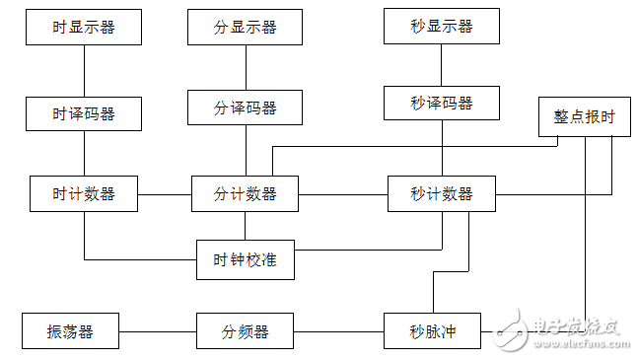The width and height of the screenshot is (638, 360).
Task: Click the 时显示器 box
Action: pyautogui.click(x=84, y=27)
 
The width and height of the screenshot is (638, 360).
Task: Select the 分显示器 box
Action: pyautogui.click(x=245, y=27)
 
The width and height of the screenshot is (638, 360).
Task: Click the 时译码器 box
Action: pyautogui.click(x=84, y=113)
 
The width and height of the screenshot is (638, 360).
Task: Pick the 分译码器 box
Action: pyautogui.click(x=245, y=107)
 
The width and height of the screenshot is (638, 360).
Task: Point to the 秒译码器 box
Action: pyautogui.click(x=441, y=103)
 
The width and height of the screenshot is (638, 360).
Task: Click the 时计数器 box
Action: pyautogui.click(x=84, y=193)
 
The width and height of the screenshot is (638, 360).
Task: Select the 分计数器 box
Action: pyautogui.click(x=245, y=193)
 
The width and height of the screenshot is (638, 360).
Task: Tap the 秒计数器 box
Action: pyautogui.click(x=441, y=193)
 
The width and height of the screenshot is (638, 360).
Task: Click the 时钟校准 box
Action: pyautogui.click(x=245, y=260)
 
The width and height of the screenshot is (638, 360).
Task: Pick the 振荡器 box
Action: pyautogui.click(x=70, y=331)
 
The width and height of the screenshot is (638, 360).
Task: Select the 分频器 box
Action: pyautogui.click(x=245, y=331)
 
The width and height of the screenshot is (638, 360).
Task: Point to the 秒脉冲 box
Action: pyautogui.click(x=432, y=331)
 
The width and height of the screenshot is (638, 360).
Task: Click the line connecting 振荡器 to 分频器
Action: pyautogui.click(x=158, y=331)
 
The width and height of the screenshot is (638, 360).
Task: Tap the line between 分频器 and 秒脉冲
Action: pyautogui.click(x=338, y=331)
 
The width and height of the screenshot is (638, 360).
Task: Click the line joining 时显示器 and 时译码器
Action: pyautogui.click(x=84, y=70)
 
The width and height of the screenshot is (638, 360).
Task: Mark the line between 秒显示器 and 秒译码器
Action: pyautogui.click(x=441, y=64)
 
